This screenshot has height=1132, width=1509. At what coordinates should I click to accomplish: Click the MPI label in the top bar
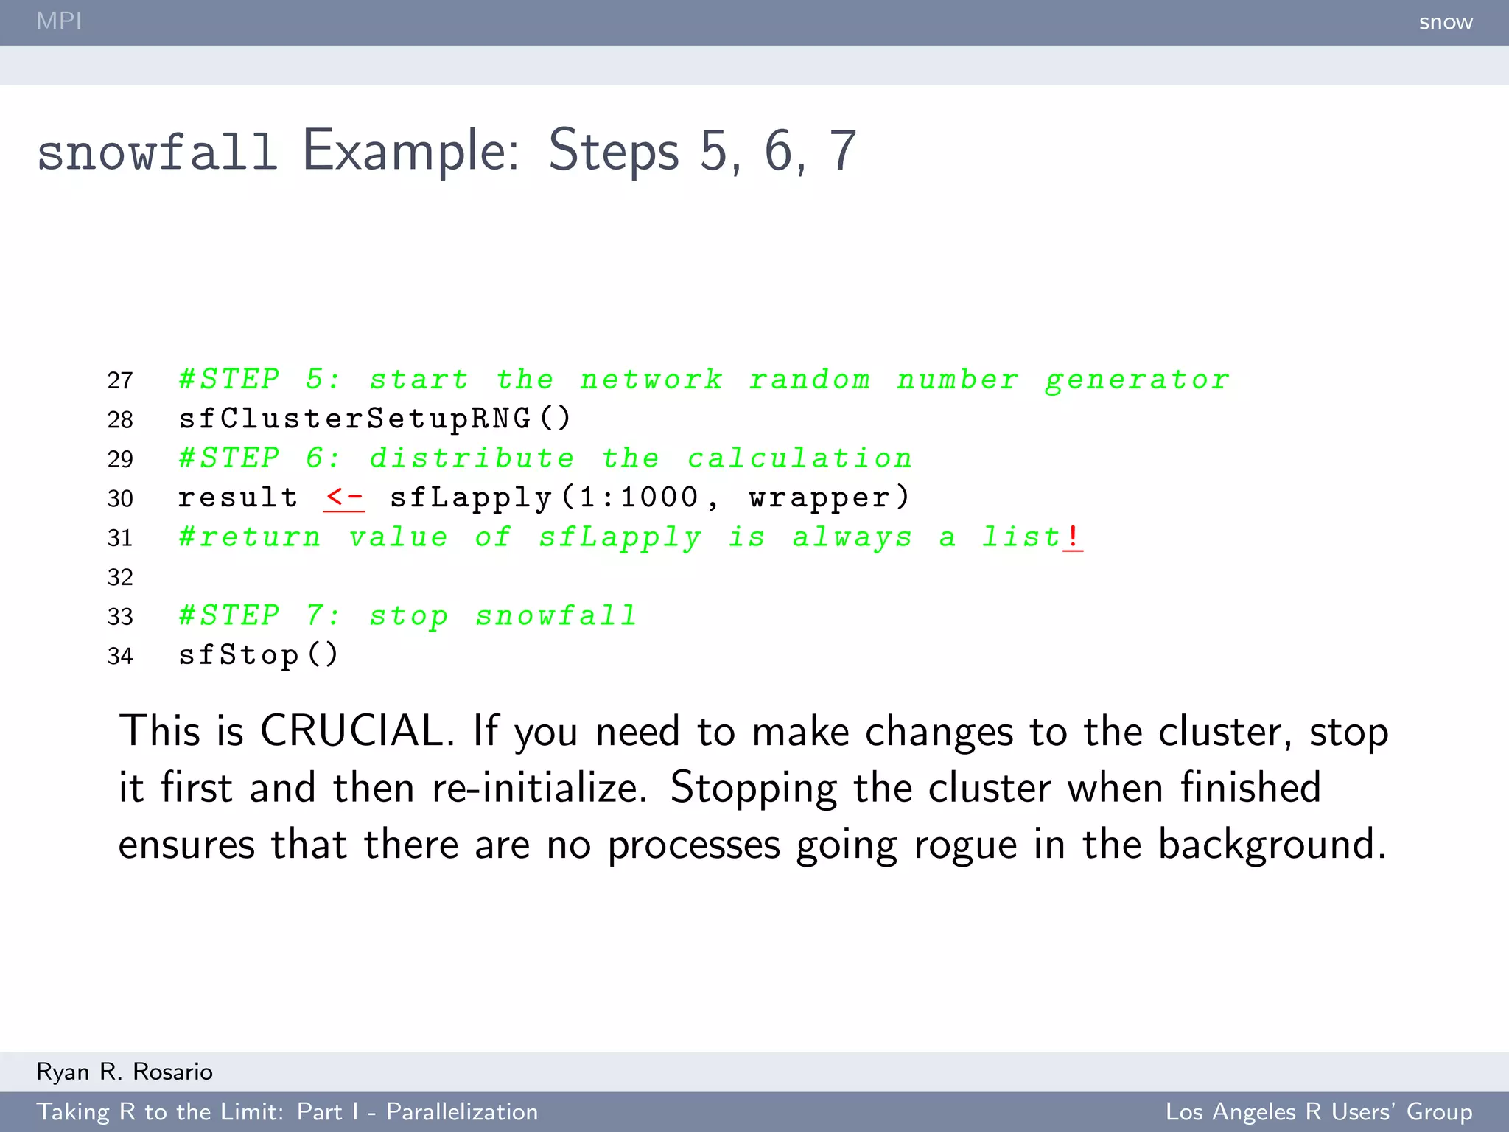(x=59, y=21)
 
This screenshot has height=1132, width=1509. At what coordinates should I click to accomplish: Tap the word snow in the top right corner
(x=1446, y=22)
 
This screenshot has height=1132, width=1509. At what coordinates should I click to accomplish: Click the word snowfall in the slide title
(x=157, y=152)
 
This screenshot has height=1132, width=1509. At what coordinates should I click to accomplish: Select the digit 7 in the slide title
(x=843, y=152)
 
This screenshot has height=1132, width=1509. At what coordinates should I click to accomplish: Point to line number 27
(x=120, y=380)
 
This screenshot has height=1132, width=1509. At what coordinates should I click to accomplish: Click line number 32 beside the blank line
(x=120, y=577)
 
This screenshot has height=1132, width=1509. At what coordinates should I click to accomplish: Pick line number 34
(x=120, y=656)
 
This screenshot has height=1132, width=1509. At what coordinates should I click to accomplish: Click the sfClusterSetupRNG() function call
(x=374, y=419)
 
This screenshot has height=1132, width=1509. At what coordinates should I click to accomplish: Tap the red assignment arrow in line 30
(x=343, y=498)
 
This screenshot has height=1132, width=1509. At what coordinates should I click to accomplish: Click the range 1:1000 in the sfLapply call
(x=638, y=498)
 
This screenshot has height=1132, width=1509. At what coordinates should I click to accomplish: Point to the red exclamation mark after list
(x=1073, y=537)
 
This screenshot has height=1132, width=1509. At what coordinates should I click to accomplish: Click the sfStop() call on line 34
(x=258, y=655)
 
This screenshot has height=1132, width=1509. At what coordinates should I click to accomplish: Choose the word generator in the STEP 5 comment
(x=1137, y=380)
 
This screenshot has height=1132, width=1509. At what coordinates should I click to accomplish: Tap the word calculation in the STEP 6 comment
(x=800, y=459)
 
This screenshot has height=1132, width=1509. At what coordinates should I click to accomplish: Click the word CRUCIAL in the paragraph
(x=352, y=731)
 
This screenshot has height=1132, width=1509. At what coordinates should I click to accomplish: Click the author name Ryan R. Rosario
(x=125, y=1072)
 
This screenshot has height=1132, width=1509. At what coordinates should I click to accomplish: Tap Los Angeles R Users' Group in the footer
(x=1319, y=1111)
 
